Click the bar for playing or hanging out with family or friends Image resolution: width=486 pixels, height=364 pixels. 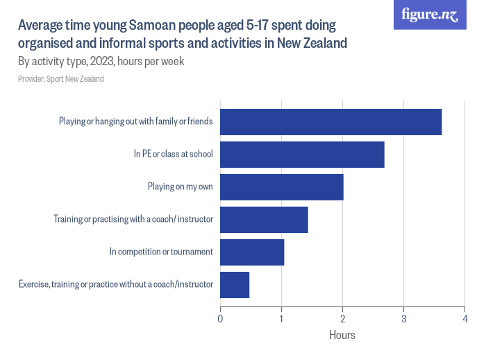pos(330,122)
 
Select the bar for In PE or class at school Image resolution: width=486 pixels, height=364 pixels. pos(302,155)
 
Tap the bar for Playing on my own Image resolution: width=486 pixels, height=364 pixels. pos(281,187)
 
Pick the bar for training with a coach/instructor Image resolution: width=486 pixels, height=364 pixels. pos(264,220)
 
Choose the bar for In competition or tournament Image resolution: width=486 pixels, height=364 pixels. pos(252,252)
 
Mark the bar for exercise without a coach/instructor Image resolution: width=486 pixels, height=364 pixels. pos(235,285)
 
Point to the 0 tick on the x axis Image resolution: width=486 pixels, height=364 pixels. pos(220,318)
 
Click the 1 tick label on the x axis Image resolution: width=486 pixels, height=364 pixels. pos(281,318)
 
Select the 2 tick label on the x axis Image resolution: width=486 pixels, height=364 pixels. pos(342,318)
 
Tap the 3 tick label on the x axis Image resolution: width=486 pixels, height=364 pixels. pos(403,318)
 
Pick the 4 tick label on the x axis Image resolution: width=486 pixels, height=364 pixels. pos(464,318)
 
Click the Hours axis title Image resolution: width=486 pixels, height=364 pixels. pos(342,336)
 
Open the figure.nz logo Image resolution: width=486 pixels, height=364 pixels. pos(430,15)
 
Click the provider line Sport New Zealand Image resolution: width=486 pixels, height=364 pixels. pos(61,79)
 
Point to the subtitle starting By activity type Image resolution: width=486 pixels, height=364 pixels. pos(101,62)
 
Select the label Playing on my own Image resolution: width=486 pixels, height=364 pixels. pos(180,187)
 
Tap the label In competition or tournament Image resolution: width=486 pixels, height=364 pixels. pos(161,252)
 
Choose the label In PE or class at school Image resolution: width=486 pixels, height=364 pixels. pos(173,154)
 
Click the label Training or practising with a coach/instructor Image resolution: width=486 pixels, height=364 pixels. pos(133,219)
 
